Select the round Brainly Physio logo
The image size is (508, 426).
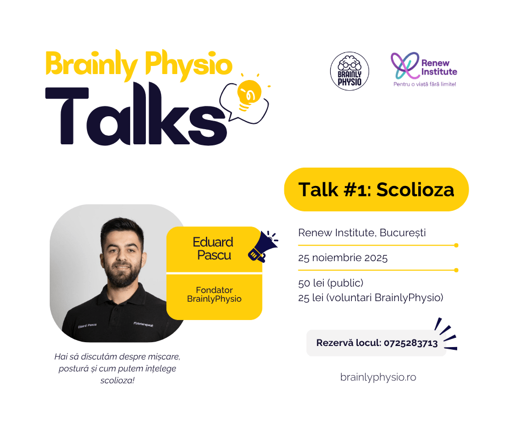(x=350, y=71)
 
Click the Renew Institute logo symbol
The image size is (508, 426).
(x=405, y=65)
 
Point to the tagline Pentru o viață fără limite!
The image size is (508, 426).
(x=424, y=84)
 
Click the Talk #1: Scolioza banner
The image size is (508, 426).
(x=376, y=190)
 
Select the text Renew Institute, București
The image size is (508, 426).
(x=362, y=233)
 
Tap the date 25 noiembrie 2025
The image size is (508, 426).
(x=343, y=258)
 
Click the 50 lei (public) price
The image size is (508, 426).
(x=330, y=283)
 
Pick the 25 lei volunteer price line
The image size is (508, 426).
(x=370, y=297)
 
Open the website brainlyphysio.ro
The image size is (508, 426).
(x=378, y=377)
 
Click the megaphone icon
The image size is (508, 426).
(x=262, y=247)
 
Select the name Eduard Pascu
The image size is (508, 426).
(x=213, y=249)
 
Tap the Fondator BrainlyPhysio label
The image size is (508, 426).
(x=214, y=295)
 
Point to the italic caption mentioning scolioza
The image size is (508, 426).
(x=117, y=368)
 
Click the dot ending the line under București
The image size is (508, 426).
(x=457, y=245)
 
